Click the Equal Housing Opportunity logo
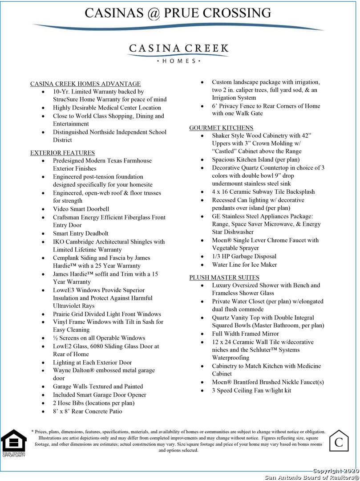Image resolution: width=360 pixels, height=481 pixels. point(13,443)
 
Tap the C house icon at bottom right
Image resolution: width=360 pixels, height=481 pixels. point(339,441)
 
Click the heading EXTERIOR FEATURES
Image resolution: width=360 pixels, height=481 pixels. point(62,153)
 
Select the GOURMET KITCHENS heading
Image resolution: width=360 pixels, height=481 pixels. point(221,128)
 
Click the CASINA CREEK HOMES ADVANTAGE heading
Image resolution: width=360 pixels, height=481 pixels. point(85,84)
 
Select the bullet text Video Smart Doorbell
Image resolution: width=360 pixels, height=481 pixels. point(81,209)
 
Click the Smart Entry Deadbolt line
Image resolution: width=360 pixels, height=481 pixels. point(81,233)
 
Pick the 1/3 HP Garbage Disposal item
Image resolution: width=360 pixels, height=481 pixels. point(244,257)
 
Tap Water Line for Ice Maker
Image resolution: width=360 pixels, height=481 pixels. point(244,265)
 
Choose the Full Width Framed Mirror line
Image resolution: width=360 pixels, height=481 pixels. point(245,334)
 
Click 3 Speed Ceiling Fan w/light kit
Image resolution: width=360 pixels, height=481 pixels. point(251,391)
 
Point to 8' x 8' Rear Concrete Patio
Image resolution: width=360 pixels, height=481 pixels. point(87,411)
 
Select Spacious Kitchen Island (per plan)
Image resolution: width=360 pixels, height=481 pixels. point(256,159)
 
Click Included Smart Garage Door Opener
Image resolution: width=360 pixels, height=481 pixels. point(99,395)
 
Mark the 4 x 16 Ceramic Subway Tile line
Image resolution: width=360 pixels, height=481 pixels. point(263,192)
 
